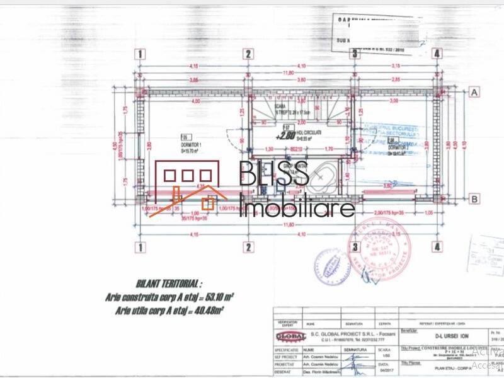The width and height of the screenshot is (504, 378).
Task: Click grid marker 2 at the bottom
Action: (249, 246)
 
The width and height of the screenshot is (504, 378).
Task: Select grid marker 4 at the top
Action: (437, 54)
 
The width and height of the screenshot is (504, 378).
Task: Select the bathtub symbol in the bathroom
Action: (323, 178)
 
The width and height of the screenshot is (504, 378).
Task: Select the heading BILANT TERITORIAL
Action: (169, 284)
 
